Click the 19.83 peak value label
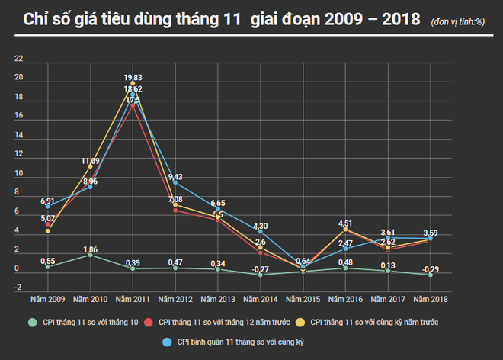point(133,77)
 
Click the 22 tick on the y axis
point(19,59)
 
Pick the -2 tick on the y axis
point(19,288)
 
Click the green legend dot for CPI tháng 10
point(31,323)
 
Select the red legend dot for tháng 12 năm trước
point(162,323)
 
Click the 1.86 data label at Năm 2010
point(91,249)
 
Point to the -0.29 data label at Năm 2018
point(431,269)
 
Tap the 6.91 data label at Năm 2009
point(48,201)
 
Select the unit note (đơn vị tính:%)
point(457,21)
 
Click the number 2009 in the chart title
point(343,19)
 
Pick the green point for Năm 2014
point(260,274)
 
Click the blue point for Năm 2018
point(430,238)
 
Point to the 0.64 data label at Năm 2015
point(303,261)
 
